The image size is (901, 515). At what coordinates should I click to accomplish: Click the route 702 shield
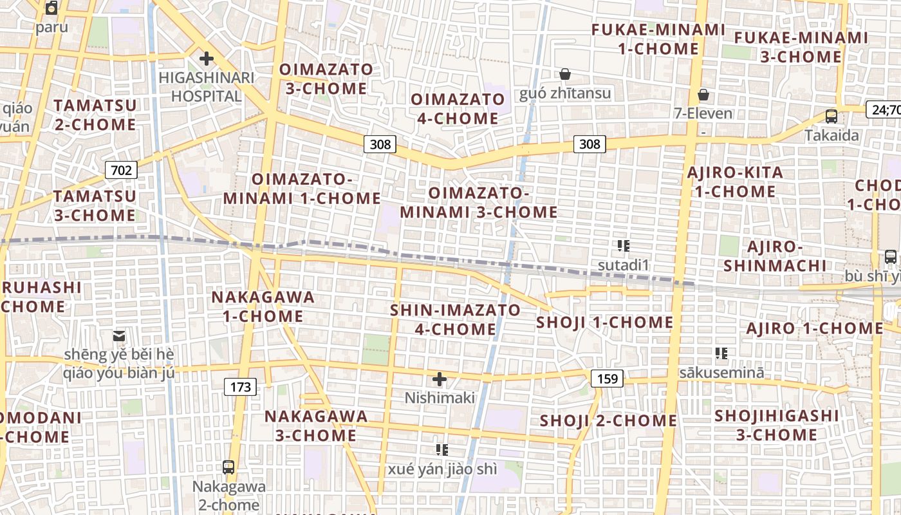click(x=121, y=170)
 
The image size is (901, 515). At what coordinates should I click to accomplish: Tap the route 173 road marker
click(x=240, y=387)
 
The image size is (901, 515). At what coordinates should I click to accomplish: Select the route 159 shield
click(x=608, y=379)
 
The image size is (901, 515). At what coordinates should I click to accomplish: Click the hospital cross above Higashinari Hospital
click(x=206, y=59)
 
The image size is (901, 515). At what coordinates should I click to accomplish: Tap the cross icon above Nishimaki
click(x=440, y=379)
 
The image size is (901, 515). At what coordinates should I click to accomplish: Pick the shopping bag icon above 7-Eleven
click(x=703, y=95)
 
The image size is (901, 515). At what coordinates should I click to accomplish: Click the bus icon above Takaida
click(x=831, y=117)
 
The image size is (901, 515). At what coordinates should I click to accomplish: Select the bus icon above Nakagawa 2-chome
click(x=228, y=467)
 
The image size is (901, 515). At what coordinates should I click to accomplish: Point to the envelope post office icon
click(x=119, y=335)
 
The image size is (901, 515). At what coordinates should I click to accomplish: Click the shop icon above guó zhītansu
click(x=565, y=74)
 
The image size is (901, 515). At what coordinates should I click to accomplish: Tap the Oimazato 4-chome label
click(x=458, y=109)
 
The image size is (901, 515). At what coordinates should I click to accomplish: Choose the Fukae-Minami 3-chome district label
click(x=801, y=47)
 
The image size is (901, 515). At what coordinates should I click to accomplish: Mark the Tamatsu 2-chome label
click(x=95, y=115)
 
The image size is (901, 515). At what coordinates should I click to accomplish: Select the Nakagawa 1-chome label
click(x=263, y=306)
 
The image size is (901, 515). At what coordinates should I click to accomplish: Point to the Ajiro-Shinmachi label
click(x=775, y=256)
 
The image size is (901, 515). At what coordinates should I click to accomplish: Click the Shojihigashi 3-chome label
click(x=777, y=425)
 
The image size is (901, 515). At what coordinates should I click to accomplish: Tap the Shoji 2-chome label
click(x=608, y=421)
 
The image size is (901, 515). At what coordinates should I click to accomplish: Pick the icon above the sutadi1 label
click(x=623, y=245)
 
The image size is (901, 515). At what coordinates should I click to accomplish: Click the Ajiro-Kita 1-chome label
click(x=735, y=182)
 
